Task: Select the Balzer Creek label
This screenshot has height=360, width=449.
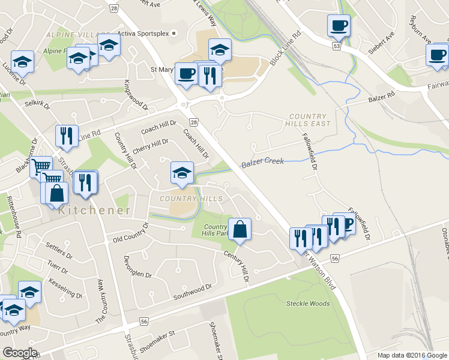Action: click(261, 163)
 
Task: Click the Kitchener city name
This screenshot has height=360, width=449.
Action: click(94, 211)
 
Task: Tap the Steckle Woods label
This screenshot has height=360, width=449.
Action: click(308, 304)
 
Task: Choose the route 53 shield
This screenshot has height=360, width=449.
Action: click(338, 46)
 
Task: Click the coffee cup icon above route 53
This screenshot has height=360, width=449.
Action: click(339, 26)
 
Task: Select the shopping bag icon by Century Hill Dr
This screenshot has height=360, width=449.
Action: click(240, 229)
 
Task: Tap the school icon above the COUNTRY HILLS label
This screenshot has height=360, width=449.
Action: click(182, 173)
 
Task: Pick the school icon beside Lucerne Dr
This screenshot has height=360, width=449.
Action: click(22, 62)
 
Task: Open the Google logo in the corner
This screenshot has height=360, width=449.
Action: click(20, 353)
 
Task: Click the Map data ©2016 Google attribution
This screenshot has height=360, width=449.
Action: click(412, 355)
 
